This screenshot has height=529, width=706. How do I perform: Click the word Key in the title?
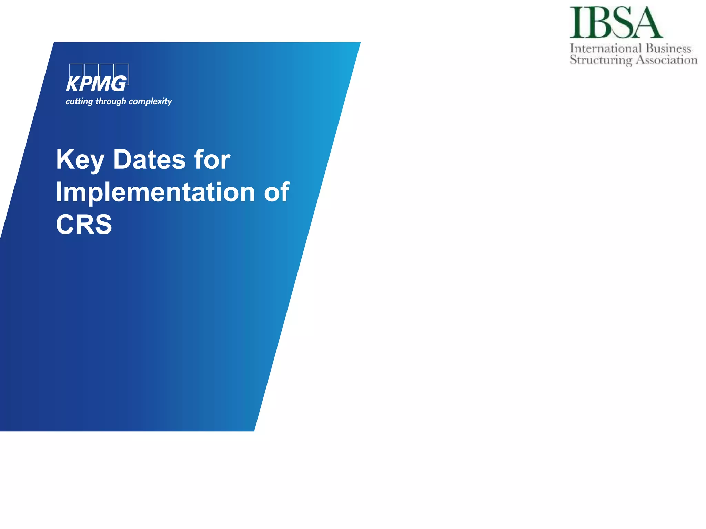pyautogui.click(x=80, y=160)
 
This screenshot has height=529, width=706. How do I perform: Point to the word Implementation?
pyautogui.click(x=155, y=192)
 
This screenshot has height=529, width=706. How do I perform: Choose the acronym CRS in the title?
pyautogui.click(x=84, y=224)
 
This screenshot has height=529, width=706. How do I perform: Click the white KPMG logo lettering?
pyautogui.click(x=96, y=84)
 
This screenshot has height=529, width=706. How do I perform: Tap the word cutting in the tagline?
pyautogui.click(x=79, y=101)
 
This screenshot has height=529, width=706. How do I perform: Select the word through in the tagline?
pyautogui.click(x=111, y=101)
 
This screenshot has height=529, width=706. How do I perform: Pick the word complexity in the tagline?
pyautogui.click(x=150, y=101)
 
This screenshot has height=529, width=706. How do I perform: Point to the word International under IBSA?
pyautogui.click(x=606, y=49)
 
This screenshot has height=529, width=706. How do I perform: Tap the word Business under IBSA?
pyautogui.click(x=668, y=49)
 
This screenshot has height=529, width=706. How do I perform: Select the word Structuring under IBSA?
pyautogui.click(x=601, y=60)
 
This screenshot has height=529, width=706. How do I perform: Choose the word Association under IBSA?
pyautogui.click(x=667, y=60)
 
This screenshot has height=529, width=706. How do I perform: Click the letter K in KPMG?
pyautogui.click(x=73, y=84)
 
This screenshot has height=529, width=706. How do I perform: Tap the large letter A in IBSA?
pyautogui.click(x=646, y=23)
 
